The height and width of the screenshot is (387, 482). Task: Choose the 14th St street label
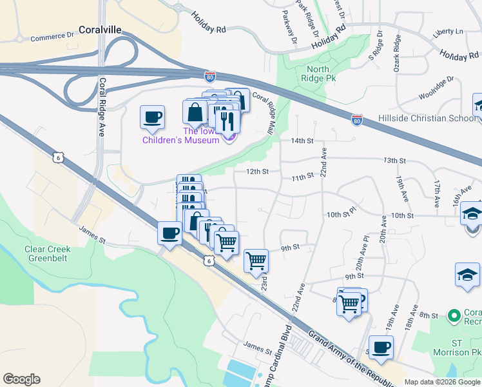click(301, 141)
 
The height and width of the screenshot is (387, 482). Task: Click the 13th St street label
click(394, 160)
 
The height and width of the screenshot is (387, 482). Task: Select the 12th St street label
click(256, 172)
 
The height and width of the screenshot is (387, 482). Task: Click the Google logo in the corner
click(21, 379)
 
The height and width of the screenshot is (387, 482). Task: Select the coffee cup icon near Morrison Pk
click(381, 347)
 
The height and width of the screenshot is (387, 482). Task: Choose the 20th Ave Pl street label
click(364, 248)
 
